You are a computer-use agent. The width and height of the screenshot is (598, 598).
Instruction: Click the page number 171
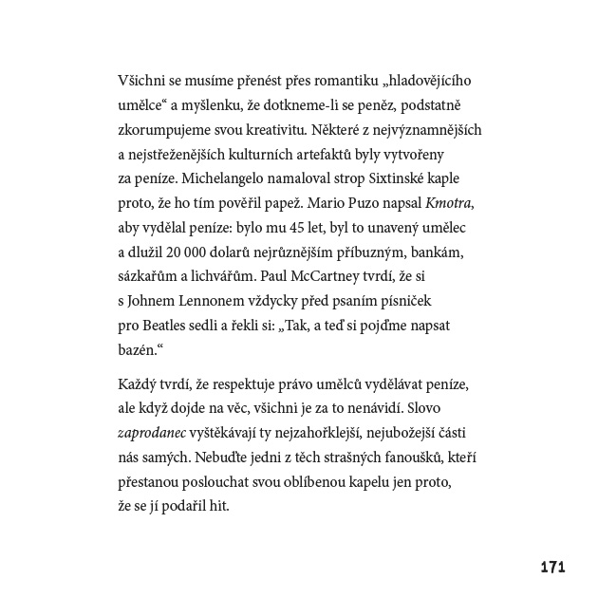551,567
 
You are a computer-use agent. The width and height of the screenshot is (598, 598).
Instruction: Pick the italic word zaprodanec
154,432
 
